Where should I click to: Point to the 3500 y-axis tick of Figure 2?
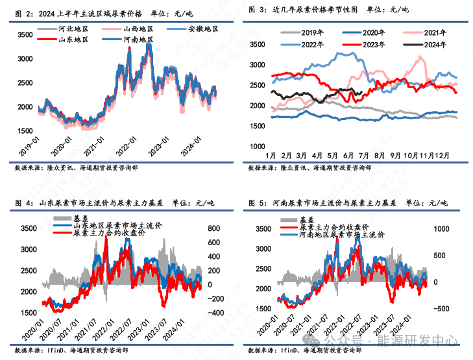pyautogui.click(x=24, y=34)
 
